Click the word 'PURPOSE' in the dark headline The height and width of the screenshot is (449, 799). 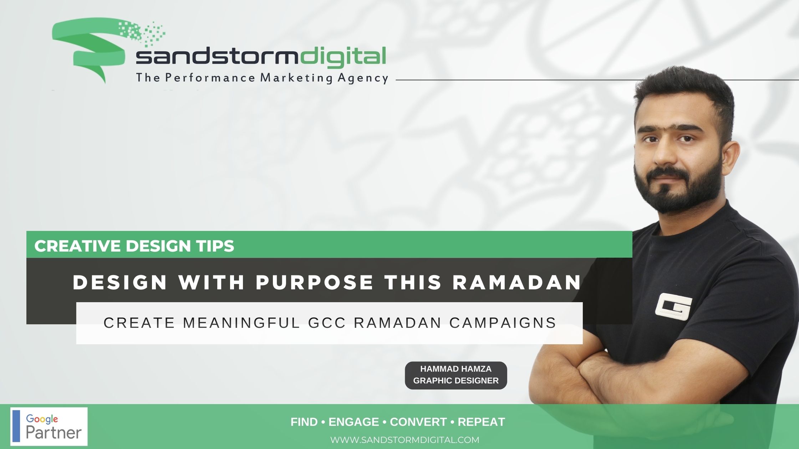point(315,283)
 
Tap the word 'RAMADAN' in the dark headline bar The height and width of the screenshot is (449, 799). point(517,283)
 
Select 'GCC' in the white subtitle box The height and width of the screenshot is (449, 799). point(327,323)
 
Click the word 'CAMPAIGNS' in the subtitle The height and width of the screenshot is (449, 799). point(503,323)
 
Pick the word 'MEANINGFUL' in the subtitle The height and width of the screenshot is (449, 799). point(242,323)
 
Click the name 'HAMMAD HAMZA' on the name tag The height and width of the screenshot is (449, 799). point(456,369)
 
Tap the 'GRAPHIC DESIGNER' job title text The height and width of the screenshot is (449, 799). point(456,381)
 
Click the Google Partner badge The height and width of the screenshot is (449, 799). point(49,427)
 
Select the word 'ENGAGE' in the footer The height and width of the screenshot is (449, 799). point(353,422)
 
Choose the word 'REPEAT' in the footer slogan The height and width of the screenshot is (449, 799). point(481,422)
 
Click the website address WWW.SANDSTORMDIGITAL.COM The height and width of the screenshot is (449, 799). point(405,440)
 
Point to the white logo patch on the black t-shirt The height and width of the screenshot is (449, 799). point(673,305)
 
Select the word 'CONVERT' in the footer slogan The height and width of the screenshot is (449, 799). point(418,422)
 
